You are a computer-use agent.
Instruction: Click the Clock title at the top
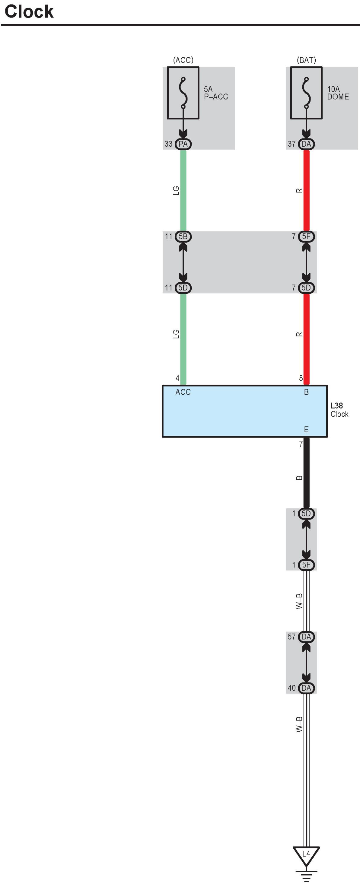point(29,11)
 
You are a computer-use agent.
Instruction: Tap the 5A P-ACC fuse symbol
point(183,93)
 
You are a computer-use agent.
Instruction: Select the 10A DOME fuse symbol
point(306,93)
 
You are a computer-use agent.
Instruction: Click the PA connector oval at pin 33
point(183,144)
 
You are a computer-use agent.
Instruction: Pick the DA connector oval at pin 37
point(306,144)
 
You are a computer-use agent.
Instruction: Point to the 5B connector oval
point(183,237)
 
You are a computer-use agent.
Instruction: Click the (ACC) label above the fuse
point(183,60)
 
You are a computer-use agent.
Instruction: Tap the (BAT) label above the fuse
point(306,60)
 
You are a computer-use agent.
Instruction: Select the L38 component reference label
point(336,405)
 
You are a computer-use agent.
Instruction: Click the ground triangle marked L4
point(306,855)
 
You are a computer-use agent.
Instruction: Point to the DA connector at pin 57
point(306,637)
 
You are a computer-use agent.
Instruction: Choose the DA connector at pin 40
point(306,688)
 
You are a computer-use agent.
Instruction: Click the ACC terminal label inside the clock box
point(183,392)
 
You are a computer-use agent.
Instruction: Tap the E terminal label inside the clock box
point(306,429)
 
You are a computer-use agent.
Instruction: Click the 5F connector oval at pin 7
point(306,237)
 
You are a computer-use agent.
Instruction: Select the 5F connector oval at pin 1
point(306,565)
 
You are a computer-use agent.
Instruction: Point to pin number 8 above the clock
point(301,378)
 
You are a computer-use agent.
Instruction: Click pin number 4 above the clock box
point(177,378)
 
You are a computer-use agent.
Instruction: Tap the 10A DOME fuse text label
point(338,93)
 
